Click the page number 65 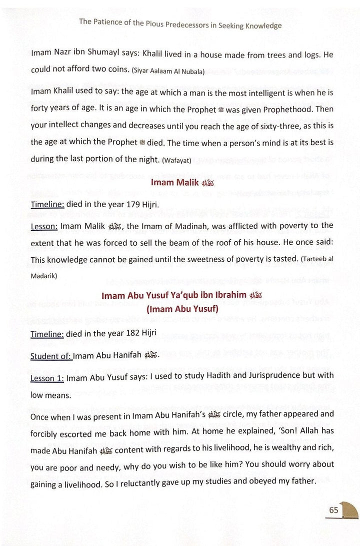(x=334, y=511)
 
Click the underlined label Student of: (x=51, y=356)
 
